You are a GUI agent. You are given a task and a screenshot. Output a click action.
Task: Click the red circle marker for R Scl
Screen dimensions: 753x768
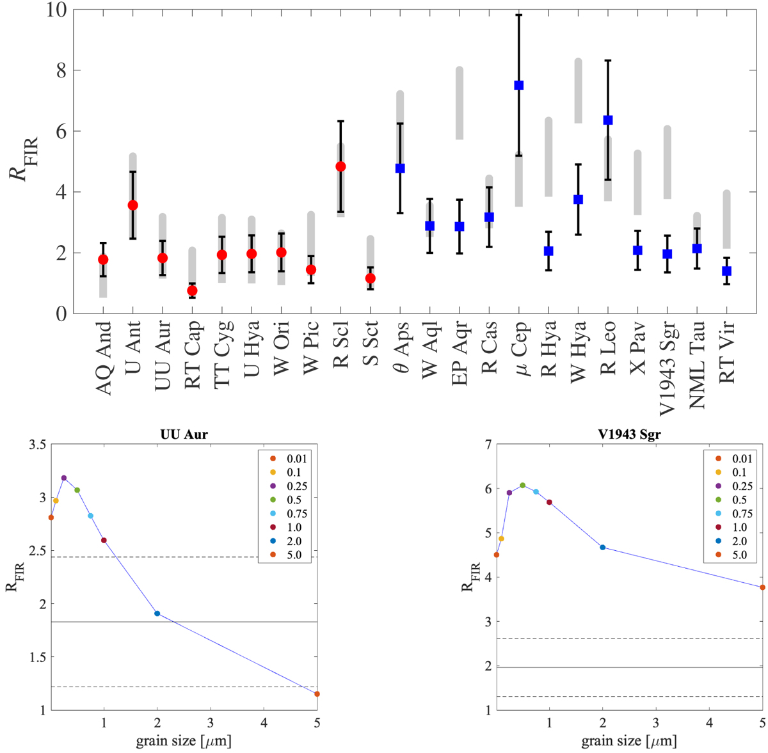pyautogui.click(x=340, y=166)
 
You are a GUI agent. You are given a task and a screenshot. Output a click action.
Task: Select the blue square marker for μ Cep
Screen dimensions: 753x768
pyautogui.click(x=519, y=85)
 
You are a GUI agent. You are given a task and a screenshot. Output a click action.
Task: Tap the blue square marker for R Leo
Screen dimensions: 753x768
pyautogui.click(x=608, y=120)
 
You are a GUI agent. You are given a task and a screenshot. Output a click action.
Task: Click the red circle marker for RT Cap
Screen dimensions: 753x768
pyautogui.click(x=192, y=290)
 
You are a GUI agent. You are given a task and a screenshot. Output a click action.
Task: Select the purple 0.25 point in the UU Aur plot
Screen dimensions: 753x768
pyautogui.click(x=63, y=478)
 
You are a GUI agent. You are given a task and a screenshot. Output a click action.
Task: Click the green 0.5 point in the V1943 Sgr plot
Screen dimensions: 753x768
pyautogui.click(x=522, y=486)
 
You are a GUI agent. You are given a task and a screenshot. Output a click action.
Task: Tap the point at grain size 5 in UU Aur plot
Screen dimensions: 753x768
pyautogui.click(x=317, y=694)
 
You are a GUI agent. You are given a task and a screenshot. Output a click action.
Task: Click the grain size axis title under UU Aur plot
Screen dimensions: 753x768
pyautogui.click(x=183, y=741)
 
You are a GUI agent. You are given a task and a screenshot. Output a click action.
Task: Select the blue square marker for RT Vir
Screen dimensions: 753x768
pyautogui.click(x=726, y=271)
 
